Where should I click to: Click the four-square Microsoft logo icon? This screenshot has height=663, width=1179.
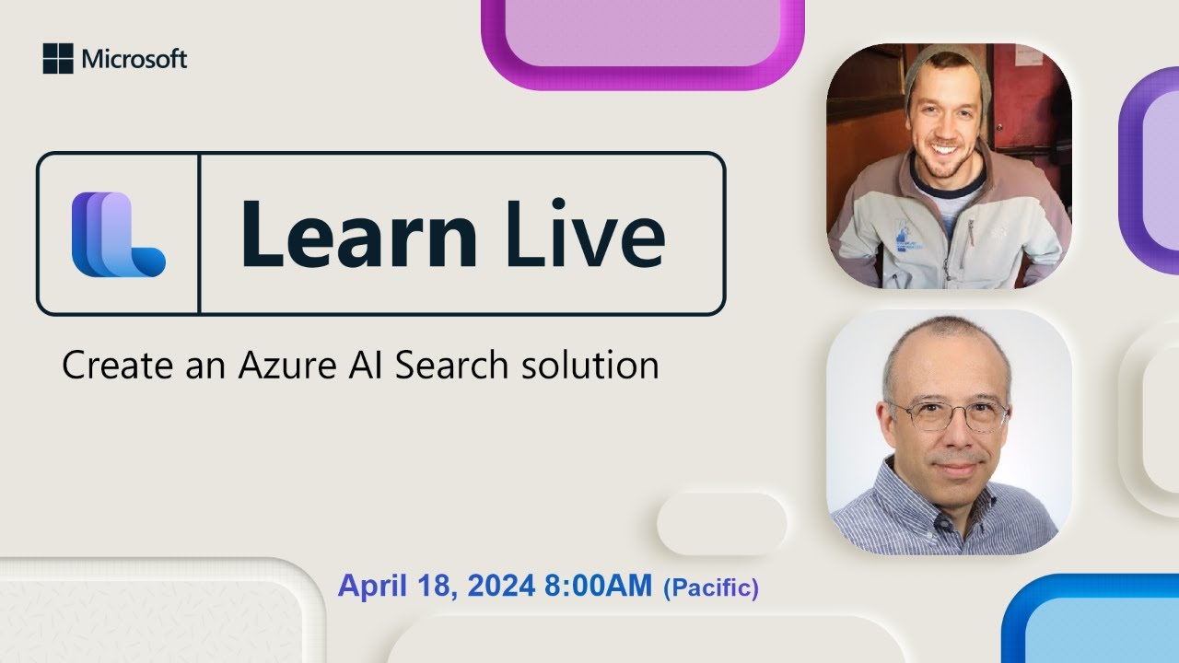coord(57,59)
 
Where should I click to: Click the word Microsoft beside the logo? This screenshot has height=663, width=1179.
coord(134,59)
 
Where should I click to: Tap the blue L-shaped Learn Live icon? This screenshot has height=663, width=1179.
coord(118,234)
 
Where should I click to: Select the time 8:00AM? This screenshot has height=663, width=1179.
coord(599,586)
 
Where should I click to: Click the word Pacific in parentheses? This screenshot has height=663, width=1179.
coord(711,587)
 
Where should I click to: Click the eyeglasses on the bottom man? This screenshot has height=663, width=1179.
coord(948,415)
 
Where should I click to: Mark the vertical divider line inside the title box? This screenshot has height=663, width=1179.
coord(199,234)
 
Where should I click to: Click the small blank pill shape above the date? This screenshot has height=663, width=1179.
coord(721,523)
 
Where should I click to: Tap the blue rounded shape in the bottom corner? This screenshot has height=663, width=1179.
coord(1091,622)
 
